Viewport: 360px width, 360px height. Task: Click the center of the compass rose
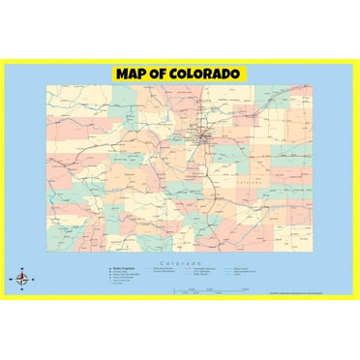click(21, 279)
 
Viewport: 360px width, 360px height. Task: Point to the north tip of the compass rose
click(21, 268)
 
